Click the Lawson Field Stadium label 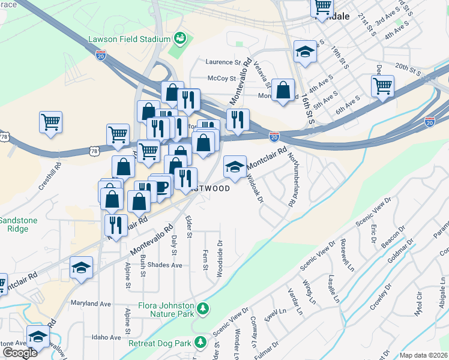(129, 40)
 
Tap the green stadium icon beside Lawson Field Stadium (179, 39)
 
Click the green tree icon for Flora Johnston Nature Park (203, 308)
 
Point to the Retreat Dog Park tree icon (200, 344)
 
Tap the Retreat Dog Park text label (159, 344)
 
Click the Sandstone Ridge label (18, 225)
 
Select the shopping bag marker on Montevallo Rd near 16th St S (283, 91)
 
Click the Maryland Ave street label (91, 304)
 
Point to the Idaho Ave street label (100, 337)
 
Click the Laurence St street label (222, 62)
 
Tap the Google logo (20, 353)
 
